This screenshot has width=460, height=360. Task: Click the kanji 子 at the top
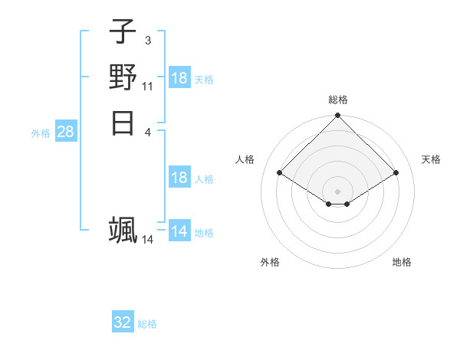click(123, 33)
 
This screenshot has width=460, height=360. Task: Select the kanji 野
click(123, 77)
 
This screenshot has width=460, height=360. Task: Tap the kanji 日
click(123, 122)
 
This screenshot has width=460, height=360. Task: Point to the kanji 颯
click(123, 231)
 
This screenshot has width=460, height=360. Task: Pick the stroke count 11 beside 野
click(148, 86)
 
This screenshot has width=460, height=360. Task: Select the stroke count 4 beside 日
click(148, 131)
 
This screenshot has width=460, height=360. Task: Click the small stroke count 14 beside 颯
click(148, 240)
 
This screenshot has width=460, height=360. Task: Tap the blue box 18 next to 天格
click(179, 78)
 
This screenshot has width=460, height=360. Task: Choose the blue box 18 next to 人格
click(179, 178)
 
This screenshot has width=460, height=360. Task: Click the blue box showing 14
click(179, 231)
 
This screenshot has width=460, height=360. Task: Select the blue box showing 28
click(65, 132)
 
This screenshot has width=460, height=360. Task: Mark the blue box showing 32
click(123, 322)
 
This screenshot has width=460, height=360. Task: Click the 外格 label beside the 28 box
click(41, 133)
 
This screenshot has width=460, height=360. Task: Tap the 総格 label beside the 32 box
click(147, 324)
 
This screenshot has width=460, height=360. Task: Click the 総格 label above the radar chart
click(338, 100)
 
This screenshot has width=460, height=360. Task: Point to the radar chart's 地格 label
click(402, 262)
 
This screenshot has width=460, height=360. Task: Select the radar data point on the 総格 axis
click(338, 116)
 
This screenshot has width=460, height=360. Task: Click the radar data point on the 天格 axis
click(396, 173)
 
